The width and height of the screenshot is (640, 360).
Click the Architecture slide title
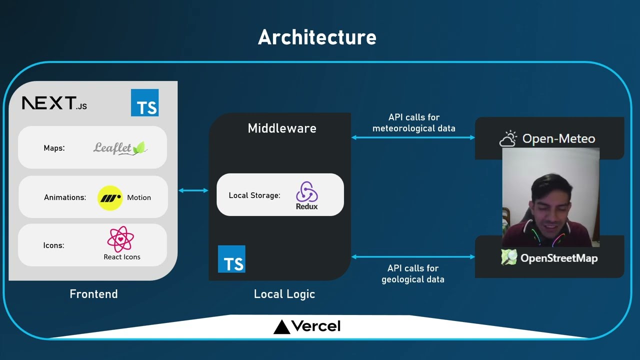317,37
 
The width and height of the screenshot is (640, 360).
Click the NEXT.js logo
54,103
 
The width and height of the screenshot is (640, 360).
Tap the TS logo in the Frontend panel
144,103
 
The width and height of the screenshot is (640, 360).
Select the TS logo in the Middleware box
231,259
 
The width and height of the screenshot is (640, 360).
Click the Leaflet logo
120,148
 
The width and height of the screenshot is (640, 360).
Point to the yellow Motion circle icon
110,198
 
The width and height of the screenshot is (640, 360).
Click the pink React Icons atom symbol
120,239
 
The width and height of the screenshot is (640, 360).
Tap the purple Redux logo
306,195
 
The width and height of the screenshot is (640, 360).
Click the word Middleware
282,128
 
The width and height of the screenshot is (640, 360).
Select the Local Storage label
254,195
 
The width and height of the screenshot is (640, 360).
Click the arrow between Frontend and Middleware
193,190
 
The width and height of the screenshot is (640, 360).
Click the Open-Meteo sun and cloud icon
508,139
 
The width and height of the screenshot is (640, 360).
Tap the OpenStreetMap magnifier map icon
509,257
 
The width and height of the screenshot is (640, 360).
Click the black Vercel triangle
281,327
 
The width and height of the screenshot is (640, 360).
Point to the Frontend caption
93,294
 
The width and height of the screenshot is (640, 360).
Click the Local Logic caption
284,294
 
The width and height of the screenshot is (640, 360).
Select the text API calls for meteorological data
413,123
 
